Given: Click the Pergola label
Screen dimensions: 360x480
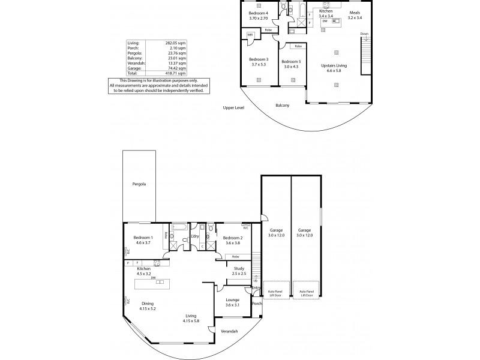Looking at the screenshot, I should click(139, 184).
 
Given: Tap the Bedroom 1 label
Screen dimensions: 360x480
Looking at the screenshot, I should click(143, 240).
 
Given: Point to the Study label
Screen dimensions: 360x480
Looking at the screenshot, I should click(239, 268).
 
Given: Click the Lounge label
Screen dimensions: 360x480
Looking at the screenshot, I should click(232, 301).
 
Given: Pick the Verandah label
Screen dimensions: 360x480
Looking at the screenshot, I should click(229, 332).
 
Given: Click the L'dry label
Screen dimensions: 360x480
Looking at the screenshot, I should click(195, 236).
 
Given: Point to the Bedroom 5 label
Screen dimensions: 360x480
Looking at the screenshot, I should click(291, 62).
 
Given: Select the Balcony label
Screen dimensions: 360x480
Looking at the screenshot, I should click(282, 106).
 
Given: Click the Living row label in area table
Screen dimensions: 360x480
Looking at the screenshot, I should click(133, 43).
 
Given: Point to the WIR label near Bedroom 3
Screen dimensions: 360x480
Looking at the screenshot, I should click(250, 35).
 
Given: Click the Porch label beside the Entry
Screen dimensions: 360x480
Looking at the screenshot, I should click(257, 303).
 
